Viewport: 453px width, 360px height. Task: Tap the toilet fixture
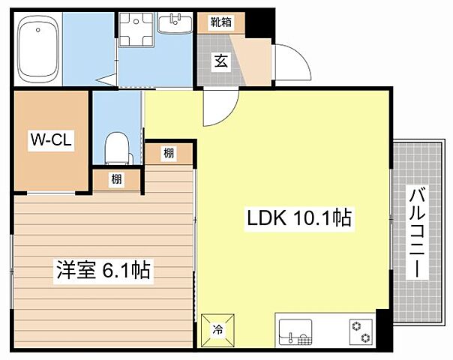point(117,147)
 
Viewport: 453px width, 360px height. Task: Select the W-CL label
point(51,139)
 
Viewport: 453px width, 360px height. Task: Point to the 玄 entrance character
point(222,61)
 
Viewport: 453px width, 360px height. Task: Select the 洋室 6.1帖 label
point(102,270)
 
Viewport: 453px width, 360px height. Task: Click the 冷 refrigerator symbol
point(217,328)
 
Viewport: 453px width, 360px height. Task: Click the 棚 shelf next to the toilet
point(169,153)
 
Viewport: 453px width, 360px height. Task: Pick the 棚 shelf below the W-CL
point(116,179)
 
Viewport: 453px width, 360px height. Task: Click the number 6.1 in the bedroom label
point(114,270)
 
